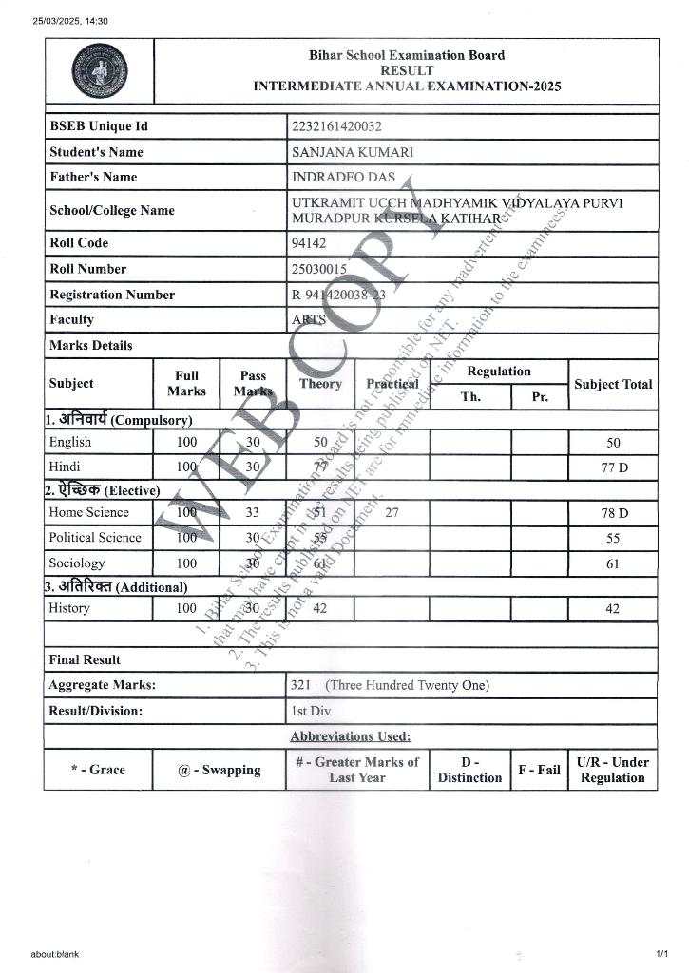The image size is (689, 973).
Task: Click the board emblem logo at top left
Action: point(99,72)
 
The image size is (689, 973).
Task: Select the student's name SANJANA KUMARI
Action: point(353,152)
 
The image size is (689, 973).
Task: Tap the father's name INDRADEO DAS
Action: point(343,177)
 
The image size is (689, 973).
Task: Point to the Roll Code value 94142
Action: point(309,243)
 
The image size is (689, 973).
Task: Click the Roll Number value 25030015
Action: point(318,269)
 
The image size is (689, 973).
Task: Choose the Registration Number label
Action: point(112,295)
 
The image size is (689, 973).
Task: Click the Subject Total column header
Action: point(613,384)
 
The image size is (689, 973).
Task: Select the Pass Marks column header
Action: point(253,384)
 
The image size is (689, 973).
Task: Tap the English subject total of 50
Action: point(613,443)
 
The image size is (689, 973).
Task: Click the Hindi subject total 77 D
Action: point(613,467)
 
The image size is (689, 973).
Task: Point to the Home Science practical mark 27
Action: point(392,513)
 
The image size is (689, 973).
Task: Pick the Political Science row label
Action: point(95,538)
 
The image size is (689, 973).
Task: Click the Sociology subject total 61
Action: point(613,563)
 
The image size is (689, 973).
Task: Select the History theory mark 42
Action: point(319,608)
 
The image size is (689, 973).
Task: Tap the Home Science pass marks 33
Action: point(253,513)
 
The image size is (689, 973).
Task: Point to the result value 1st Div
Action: point(305,711)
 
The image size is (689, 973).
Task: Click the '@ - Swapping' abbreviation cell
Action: point(219,770)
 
